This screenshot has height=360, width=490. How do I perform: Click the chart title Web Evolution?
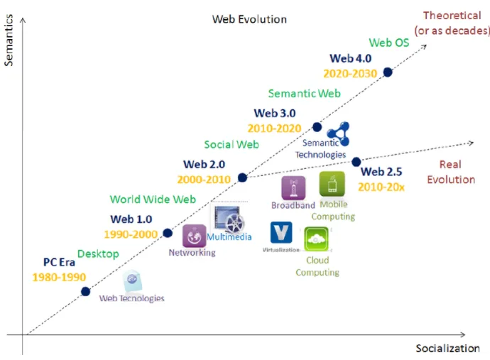coord(249,19)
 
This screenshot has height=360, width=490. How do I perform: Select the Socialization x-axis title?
coord(447,348)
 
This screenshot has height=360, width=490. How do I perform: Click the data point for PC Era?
coord(86,291)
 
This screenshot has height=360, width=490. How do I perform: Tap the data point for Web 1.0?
coord(168,232)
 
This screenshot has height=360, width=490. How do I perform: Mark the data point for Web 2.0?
coord(242,178)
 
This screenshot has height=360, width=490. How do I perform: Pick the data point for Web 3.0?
coord(317,127)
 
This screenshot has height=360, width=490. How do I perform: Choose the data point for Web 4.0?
coord(388,72)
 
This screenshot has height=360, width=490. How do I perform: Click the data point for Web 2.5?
coord(356,162)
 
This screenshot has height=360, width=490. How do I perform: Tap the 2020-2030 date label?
coord(349,73)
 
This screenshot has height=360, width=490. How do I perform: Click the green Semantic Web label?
coord(304,93)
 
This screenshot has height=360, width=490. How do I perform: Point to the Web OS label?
coord(389,43)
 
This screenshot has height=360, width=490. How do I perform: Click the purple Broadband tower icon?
coord(293,188)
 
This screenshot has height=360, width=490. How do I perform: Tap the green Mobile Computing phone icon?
coord(332,184)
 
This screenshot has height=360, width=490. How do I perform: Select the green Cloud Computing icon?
coord(316,239)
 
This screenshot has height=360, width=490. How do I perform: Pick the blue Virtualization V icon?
coord(281,233)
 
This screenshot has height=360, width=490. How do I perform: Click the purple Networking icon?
coord(194,236)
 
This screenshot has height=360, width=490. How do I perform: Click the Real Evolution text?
coord(450,173)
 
